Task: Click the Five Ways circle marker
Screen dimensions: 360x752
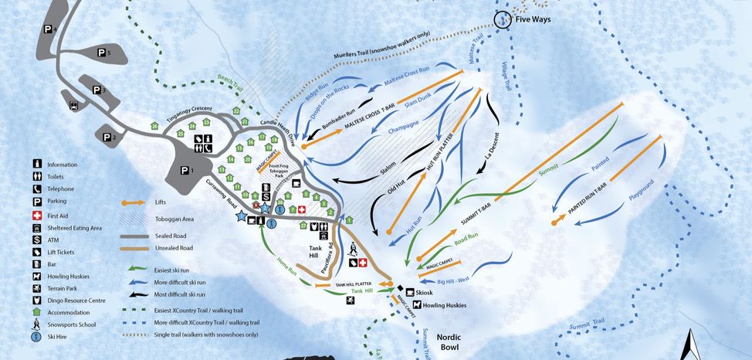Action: click(x=503, y=20)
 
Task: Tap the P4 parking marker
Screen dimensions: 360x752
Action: click(x=50, y=29)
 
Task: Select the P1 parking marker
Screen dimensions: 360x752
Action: click(x=185, y=170)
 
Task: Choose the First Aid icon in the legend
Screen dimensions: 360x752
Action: click(x=36, y=215)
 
